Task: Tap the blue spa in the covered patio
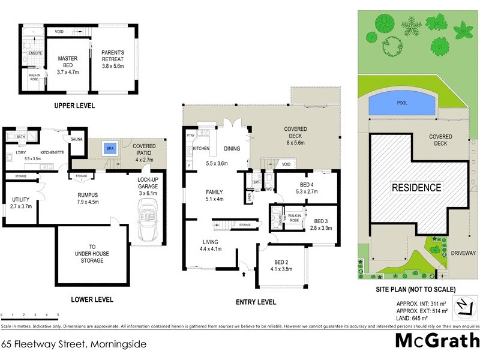110,148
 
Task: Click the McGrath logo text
437,341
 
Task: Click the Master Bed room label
68,62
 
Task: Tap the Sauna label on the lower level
76,139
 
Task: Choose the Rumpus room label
88,197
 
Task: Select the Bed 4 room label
306,188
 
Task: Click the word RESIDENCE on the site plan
416,187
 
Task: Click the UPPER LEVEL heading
74,106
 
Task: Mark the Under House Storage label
92,254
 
